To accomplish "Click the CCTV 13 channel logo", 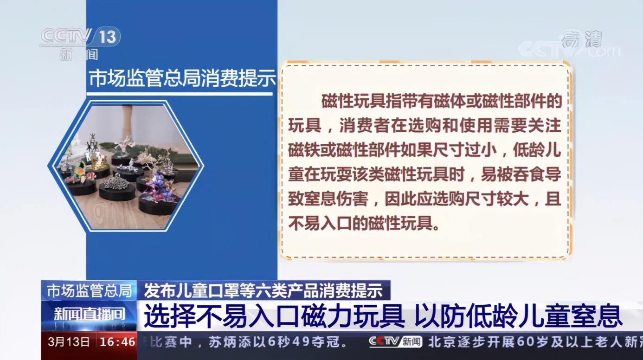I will [80, 37].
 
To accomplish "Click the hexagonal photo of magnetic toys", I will [126, 166].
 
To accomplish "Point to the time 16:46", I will [118, 342].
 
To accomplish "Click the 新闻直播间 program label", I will [89, 315].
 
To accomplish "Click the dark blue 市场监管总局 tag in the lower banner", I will [89, 290].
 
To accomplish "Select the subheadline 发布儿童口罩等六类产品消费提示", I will [263, 290].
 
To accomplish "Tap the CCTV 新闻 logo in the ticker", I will [395, 342].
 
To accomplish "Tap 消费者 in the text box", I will [365, 126].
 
